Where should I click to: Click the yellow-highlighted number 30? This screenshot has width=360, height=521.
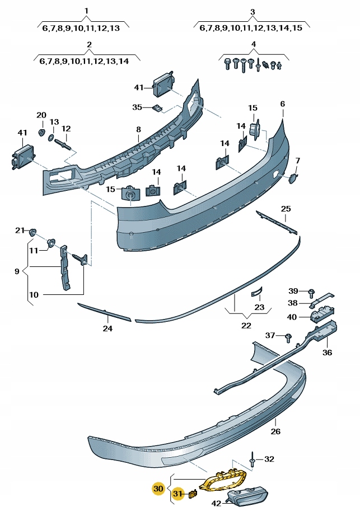pyautogui.click(x=158, y=489)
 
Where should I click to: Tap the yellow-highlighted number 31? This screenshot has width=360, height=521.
pyautogui.click(x=177, y=494)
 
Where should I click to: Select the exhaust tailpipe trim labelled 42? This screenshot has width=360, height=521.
pyautogui.click(x=247, y=496)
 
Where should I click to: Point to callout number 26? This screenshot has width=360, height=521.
pyautogui.click(x=275, y=431)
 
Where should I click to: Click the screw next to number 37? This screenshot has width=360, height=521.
pyautogui.click(x=288, y=336)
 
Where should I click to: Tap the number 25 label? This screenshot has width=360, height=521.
pyautogui.click(x=286, y=209)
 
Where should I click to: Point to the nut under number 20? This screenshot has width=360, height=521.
pyautogui.click(x=41, y=132)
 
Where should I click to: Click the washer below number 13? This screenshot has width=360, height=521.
pyautogui.click(x=52, y=137)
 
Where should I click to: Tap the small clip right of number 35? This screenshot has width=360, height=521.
pyautogui.click(x=157, y=107)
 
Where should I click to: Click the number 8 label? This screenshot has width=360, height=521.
pyautogui.click(x=138, y=130)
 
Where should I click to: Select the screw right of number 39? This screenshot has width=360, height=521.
pyautogui.click(x=312, y=292)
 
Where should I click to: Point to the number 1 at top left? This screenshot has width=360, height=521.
pyautogui.click(x=86, y=11)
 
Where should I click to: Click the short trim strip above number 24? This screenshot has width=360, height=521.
pyautogui.click(x=104, y=312)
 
